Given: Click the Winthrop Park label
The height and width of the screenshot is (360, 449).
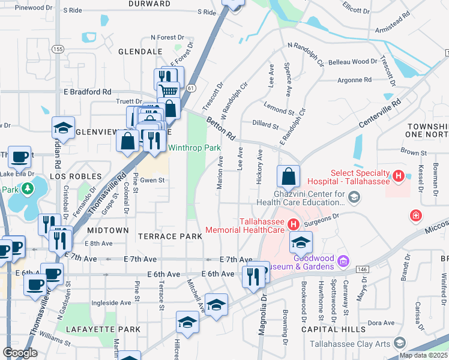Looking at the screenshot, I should pos(194,148).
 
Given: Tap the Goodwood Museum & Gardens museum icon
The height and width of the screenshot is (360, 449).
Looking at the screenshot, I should pos(343,261).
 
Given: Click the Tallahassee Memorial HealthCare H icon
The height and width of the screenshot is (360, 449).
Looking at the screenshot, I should pos(293,225).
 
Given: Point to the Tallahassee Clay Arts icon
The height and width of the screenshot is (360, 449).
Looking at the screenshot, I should pos(399,344).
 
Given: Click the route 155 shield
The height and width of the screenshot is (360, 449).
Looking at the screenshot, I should pos(58,49).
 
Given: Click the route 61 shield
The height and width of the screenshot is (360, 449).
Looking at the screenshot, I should pos(191,88).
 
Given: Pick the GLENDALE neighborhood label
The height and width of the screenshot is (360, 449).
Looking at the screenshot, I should pos(137,52).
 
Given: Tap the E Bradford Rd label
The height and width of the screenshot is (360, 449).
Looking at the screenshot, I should pos(87,92).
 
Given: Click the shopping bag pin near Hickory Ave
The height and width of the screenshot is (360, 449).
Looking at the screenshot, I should pos(288,176).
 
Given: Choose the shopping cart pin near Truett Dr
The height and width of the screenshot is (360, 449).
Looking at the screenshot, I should pos(169,91).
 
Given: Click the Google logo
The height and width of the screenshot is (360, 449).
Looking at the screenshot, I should pos(20,353).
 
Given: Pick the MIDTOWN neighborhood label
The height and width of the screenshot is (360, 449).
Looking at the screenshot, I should pos(107,230).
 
